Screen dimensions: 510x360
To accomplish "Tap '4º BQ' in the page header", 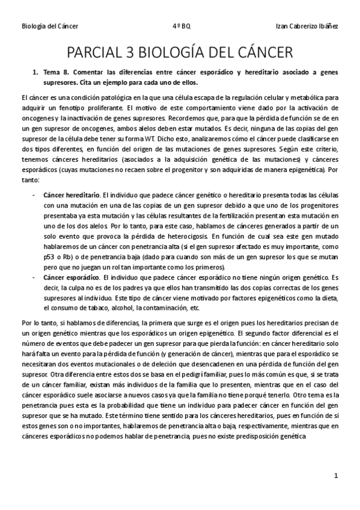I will tap(181, 26).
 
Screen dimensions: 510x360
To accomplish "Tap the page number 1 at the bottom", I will tap(336, 475).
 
